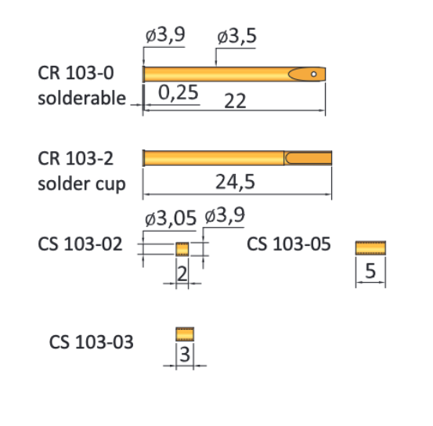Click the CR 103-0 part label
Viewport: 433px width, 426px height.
tap(76, 74)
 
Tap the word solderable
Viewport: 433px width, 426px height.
tap(81, 98)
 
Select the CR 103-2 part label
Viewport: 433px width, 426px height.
tap(76, 159)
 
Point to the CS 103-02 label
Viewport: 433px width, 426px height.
tap(80, 244)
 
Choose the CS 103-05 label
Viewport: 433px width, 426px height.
tap(289, 244)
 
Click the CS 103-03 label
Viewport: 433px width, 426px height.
tap(91, 342)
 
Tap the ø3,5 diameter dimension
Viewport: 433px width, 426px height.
tap(237, 37)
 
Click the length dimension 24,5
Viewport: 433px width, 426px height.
tap(236, 182)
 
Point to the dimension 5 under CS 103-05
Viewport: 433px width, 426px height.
tap(370, 271)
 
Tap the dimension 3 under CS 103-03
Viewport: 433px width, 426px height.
tap(185, 355)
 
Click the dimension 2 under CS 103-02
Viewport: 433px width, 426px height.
tap(182, 273)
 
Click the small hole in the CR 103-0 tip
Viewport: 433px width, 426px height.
tap(314, 74)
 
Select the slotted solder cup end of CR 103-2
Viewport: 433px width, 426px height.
tap(309, 158)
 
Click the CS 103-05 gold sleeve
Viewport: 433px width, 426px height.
tap(370, 248)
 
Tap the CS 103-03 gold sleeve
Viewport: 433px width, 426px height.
tap(184, 334)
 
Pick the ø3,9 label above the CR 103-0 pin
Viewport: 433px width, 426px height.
tap(164, 37)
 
